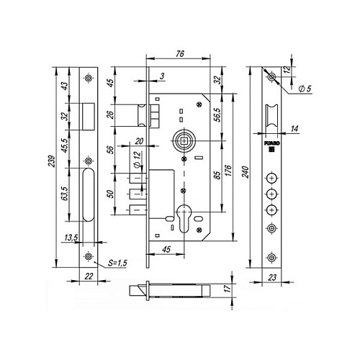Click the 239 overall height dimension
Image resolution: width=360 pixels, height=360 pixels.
(53, 161)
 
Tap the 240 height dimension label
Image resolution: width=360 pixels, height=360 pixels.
(246, 172)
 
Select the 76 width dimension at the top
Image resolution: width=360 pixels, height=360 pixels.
(180, 54)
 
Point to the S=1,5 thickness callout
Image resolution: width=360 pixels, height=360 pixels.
(117, 263)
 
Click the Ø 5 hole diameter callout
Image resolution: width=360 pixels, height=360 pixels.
(305, 89)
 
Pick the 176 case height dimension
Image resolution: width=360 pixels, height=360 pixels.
(228, 171)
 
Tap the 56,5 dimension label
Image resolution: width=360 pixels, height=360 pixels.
(217, 115)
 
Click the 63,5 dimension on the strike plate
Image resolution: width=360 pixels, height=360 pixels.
(65, 193)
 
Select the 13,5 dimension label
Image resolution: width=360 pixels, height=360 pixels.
(71, 238)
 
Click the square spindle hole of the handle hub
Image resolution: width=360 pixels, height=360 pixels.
(184, 141)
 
